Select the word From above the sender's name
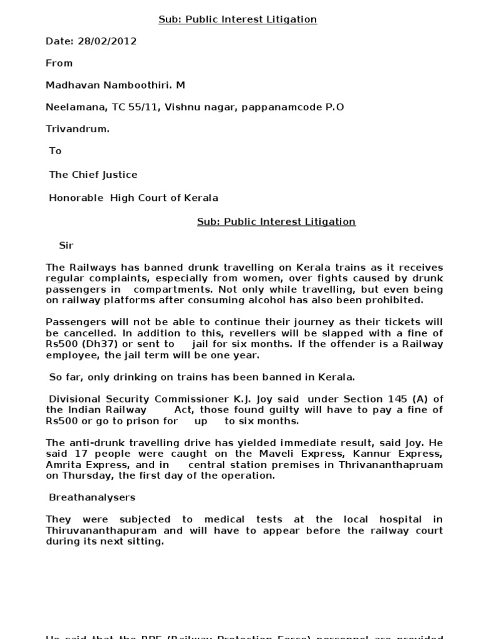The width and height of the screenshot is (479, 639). tap(59, 63)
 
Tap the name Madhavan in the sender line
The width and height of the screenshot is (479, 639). tap(72, 85)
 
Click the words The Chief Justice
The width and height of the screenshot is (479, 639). tap(93, 175)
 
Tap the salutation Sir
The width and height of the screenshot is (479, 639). tap(66, 245)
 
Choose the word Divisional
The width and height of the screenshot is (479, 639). tap(73, 399)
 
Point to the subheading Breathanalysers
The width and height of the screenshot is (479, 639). tap(92, 497)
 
